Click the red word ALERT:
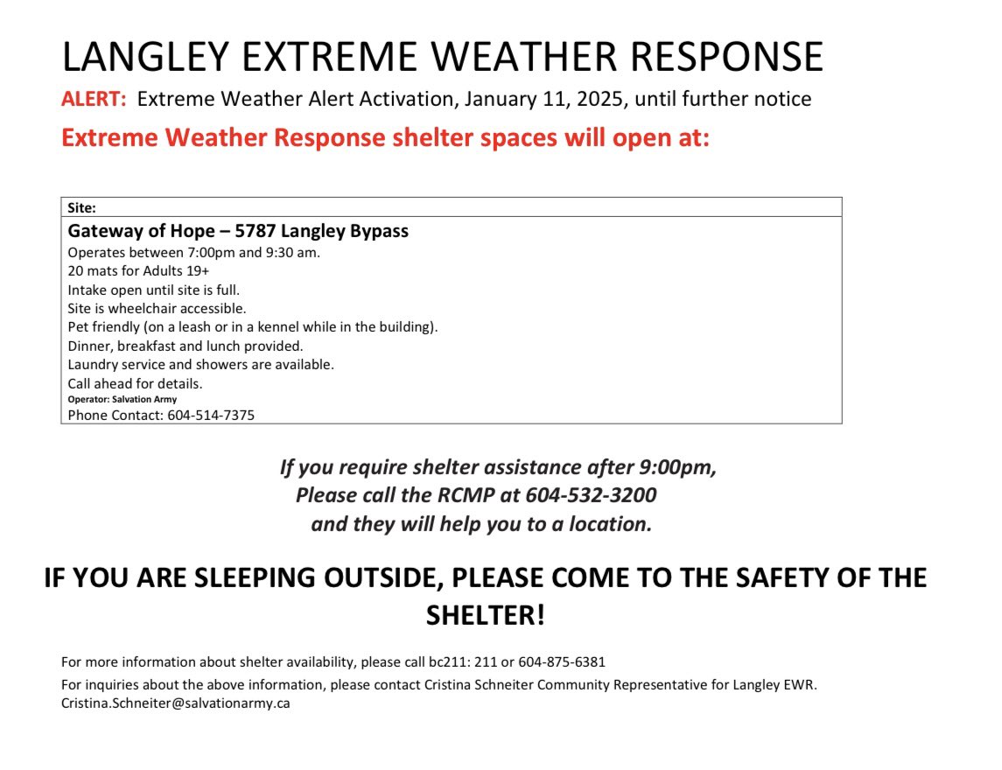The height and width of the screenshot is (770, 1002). (94, 100)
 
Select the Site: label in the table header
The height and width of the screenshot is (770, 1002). (81, 208)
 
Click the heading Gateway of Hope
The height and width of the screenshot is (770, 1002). (141, 232)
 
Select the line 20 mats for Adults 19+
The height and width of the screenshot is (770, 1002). (138, 271)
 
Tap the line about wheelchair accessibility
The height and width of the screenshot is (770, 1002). (157, 308)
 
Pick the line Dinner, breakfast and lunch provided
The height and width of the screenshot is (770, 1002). (186, 346)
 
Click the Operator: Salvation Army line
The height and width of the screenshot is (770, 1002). (122, 399)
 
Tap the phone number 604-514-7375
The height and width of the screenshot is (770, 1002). (211, 416)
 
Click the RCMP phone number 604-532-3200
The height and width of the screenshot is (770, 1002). (591, 495)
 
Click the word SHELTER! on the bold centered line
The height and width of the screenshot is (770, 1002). (485, 615)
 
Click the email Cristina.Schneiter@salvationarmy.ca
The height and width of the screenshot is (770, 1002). (175, 703)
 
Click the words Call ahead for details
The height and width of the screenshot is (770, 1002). (135, 383)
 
